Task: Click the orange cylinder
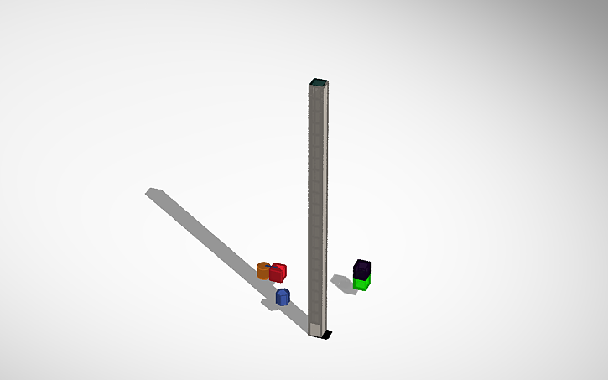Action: point(262,270)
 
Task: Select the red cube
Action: point(278,273)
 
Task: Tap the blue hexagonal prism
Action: point(283,296)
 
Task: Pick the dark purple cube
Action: point(361,269)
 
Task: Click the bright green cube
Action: point(361,284)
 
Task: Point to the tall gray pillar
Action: point(317,201)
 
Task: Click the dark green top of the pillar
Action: point(318,82)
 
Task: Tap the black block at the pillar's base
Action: point(327,335)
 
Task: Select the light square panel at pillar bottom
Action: point(315,327)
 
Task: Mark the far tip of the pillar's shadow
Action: point(153,192)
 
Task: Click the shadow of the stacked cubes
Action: point(342,283)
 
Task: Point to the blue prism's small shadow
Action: point(270,304)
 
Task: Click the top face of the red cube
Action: point(278,266)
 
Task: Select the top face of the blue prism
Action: point(283,291)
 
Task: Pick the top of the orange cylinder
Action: point(262,265)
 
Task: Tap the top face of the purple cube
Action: point(362,263)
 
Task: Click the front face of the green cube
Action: point(361,285)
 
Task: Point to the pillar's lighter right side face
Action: point(325,201)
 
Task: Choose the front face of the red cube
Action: point(277,275)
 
